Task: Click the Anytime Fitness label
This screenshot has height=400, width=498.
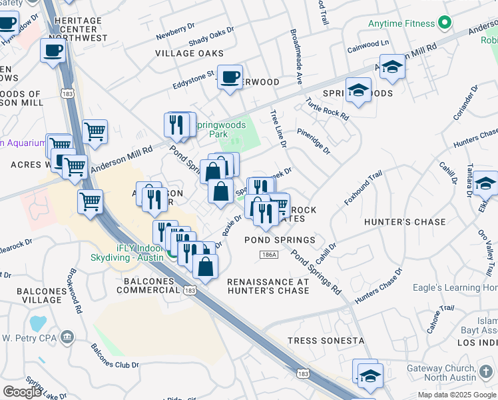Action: [x=401, y=23]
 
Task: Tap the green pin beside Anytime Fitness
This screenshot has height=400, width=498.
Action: [x=445, y=24]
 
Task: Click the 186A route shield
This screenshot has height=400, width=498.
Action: [x=268, y=255]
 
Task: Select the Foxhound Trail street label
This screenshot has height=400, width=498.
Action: [x=364, y=188]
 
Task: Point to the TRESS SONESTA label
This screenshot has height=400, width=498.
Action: [x=326, y=341]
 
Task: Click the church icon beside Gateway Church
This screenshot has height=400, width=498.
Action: [x=485, y=370]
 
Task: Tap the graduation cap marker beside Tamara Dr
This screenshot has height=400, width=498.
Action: [x=486, y=183]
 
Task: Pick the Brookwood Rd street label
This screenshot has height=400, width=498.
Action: [x=75, y=291]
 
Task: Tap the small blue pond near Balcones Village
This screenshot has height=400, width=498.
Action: [x=38, y=323]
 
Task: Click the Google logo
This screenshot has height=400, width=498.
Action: [x=22, y=392]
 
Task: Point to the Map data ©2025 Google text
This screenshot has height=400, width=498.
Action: [x=456, y=395]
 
